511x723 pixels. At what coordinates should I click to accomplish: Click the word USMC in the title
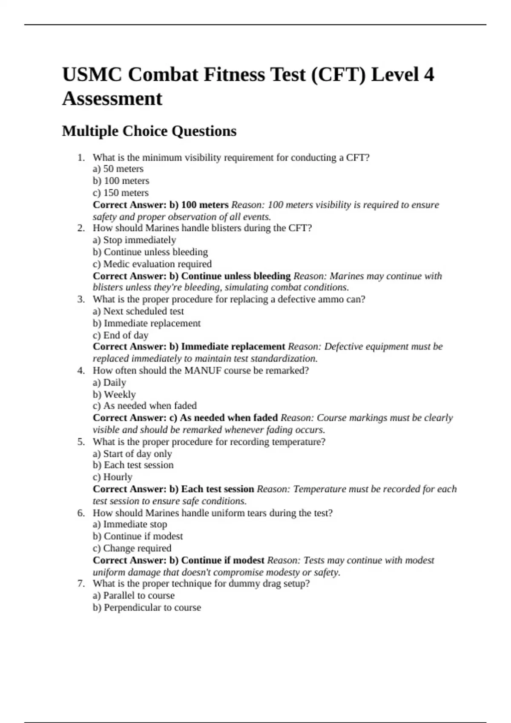coord(92,75)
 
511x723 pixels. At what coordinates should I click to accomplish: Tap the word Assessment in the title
coord(112,99)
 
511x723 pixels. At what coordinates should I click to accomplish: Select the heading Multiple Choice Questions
coord(149,131)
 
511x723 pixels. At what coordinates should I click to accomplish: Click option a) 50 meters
coord(118,169)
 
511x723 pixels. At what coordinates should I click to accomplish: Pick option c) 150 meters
coord(121,193)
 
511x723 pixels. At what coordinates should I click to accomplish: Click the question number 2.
coord(81,228)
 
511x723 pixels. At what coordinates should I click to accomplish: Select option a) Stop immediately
coord(134,240)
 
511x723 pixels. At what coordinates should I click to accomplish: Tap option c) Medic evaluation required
coord(152,264)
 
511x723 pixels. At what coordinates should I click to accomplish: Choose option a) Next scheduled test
coord(138,311)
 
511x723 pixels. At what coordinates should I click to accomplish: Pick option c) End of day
coord(121,335)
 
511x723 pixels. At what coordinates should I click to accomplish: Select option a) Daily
coord(109,382)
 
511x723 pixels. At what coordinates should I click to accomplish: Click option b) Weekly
coord(114,394)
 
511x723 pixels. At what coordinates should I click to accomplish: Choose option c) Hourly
coord(112,477)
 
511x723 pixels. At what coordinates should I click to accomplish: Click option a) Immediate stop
coord(130,524)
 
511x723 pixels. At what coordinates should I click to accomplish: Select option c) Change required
coord(132,548)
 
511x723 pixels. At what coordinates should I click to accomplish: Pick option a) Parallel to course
coord(134,595)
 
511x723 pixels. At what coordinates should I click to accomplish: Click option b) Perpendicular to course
coord(147,607)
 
